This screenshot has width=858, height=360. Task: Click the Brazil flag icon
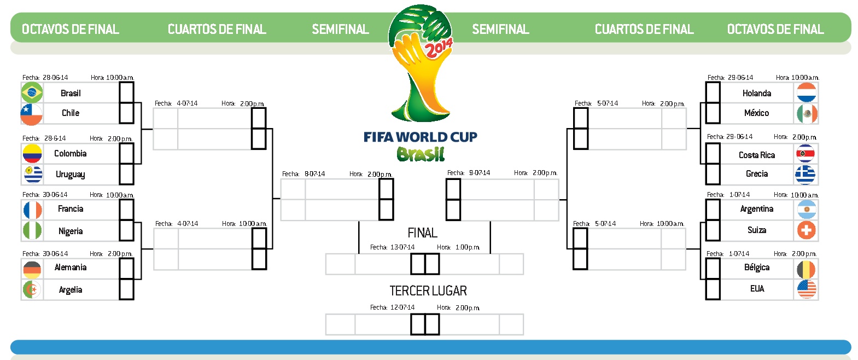[x=32, y=92]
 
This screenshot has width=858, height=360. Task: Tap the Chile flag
[x=32, y=114]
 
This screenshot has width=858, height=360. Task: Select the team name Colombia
[x=70, y=154]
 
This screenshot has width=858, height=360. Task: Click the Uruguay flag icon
[x=32, y=174]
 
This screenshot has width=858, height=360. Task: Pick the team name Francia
[x=71, y=209]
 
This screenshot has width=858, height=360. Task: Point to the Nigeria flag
[x=32, y=230]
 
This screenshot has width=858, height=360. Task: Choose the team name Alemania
[x=71, y=268]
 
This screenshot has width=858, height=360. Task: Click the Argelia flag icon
[x=32, y=289]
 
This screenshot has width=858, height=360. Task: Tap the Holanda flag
[x=806, y=92]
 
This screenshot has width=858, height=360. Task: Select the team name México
[x=756, y=113]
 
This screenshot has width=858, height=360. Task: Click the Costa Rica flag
[x=806, y=154]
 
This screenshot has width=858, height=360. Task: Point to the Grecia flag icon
[x=806, y=175]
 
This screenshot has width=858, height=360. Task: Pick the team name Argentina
[x=756, y=209]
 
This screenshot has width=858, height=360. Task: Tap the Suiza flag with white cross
[x=806, y=230]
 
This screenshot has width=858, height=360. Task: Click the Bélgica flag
[x=806, y=269]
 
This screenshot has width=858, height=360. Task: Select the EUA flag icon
[x=806, y=289]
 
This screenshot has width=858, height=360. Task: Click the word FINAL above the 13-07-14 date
[x=422, y=233]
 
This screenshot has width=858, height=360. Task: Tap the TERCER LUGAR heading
[x=428, y=291]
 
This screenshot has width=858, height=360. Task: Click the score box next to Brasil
[x=126, y=92]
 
